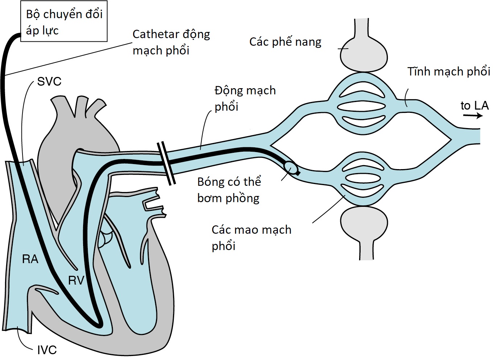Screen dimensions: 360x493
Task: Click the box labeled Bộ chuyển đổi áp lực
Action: (64, 22)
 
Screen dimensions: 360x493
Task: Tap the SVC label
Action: (49, 82)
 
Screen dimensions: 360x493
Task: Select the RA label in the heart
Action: (30, 259)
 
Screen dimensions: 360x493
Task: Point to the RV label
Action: (76, 280)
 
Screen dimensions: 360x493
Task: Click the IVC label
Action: (47, 350)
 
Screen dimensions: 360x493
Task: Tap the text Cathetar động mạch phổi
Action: (171, 42)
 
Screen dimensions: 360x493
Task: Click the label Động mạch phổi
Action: (245, 98)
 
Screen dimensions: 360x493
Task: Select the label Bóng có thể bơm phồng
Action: (229, 190)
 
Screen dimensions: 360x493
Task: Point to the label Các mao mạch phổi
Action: (251, 238)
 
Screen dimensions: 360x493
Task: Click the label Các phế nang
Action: (285, 42)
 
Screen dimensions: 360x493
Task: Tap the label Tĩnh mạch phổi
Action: (448, 71)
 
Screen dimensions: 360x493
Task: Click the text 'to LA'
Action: (474, 106)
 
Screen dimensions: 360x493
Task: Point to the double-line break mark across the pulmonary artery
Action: (167, 163)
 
